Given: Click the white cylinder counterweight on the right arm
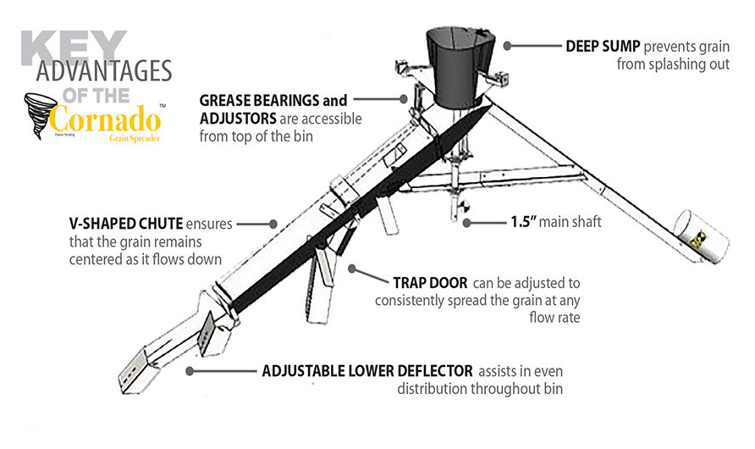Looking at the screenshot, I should pyautogui.click(x=701, y=238).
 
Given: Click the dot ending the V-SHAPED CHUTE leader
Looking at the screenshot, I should pyautogui.click(x=273, y=224).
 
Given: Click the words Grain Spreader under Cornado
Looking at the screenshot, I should pyautogui.click(x=135, y=136).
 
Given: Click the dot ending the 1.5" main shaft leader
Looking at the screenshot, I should pyautogui.click(x=467, y=223).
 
